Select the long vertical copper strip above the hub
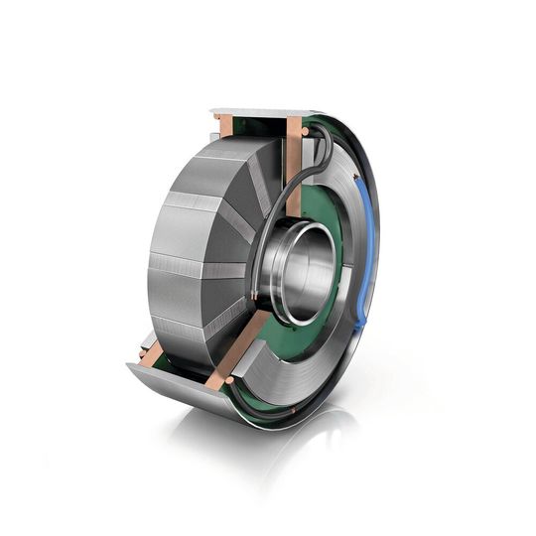295,169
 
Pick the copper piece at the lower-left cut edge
149,355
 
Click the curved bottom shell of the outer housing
179,392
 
